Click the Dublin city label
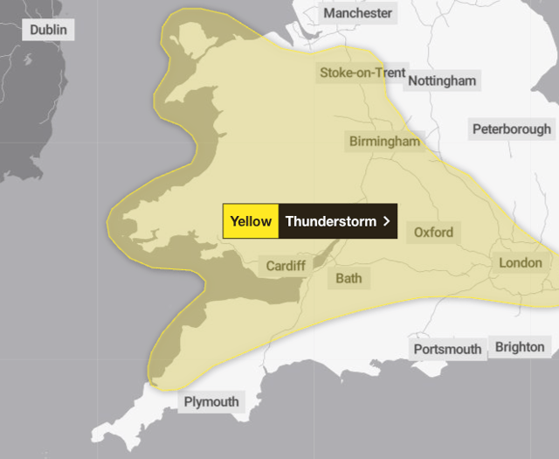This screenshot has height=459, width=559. click(x=48, y=30)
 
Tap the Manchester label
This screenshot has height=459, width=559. click(x=358, y=13)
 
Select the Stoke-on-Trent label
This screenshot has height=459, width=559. click(x=362, y=73)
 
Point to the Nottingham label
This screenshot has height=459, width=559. click(x=442, y=81)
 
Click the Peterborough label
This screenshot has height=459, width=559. click(x=512, y=129)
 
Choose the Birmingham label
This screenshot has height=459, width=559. click(x=384, y=141)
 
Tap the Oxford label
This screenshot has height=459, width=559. click(x=433, y=232)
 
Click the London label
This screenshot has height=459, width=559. click(x=521, y=262)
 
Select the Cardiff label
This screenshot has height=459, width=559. click(x=285, y=266)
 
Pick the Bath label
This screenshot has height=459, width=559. click(x=348, y=279)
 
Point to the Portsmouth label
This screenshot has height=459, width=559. click(x=447, y=349)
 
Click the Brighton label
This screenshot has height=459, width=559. click(x=520, y=347)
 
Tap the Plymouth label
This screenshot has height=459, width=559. click(x=210, y=402)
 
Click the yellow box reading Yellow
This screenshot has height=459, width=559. click(x=251, y=221)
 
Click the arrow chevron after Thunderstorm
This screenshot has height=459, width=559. click(x=386, y=221)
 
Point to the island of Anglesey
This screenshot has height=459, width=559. click(x=187, y=37)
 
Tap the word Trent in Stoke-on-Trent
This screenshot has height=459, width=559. click(x=390, y=73)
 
